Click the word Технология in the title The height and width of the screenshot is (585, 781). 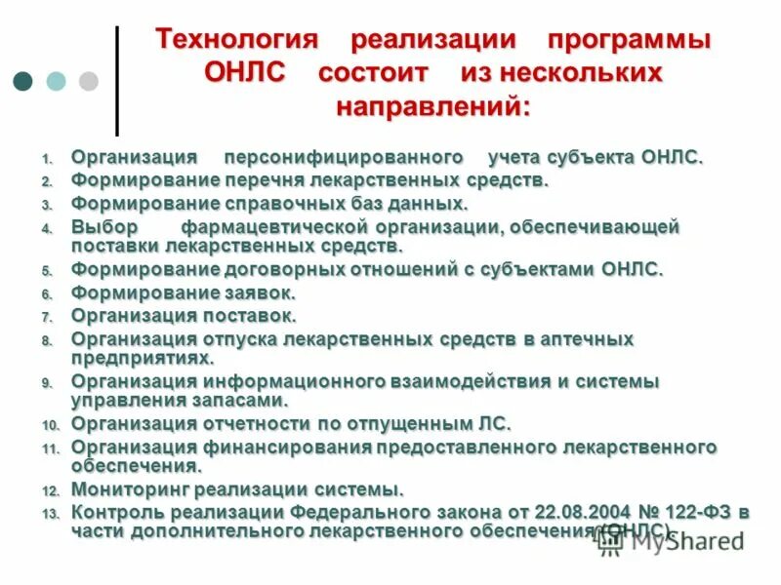click(238, 42)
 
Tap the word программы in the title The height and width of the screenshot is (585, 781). click(629, 42)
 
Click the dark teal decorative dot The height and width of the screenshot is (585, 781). click(22, 81)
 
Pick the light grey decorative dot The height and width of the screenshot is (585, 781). click(88, 81)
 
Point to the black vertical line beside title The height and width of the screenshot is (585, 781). click(117, 81)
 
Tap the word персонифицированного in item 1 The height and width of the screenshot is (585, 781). click(343, 157)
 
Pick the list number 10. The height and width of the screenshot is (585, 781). click(51, 426)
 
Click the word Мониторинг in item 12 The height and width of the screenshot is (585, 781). click(124, 488)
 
